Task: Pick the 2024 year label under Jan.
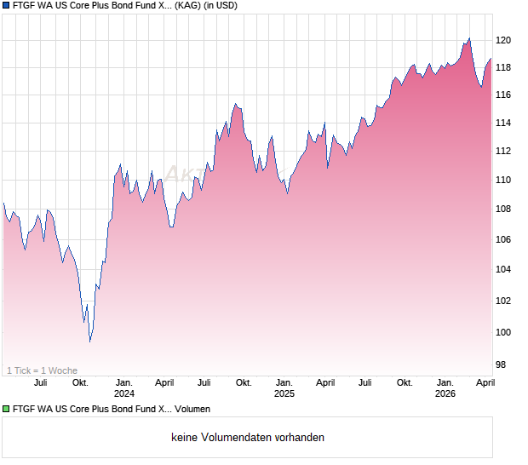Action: coord(124,393)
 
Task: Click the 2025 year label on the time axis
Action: coord(284,393)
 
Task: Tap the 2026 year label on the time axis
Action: coord(445,393)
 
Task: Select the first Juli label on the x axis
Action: coord(40,382)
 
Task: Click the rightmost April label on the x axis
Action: coord(485,382)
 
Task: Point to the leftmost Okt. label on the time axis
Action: coord(81,382)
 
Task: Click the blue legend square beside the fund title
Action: coord(7,6)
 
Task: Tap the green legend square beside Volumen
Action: coord(7,410)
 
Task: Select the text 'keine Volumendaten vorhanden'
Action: coord(248,438)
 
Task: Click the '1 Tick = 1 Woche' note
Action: coord(42,370)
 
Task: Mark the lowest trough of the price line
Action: coord(90,341)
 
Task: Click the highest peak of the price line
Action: coord(469,38)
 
